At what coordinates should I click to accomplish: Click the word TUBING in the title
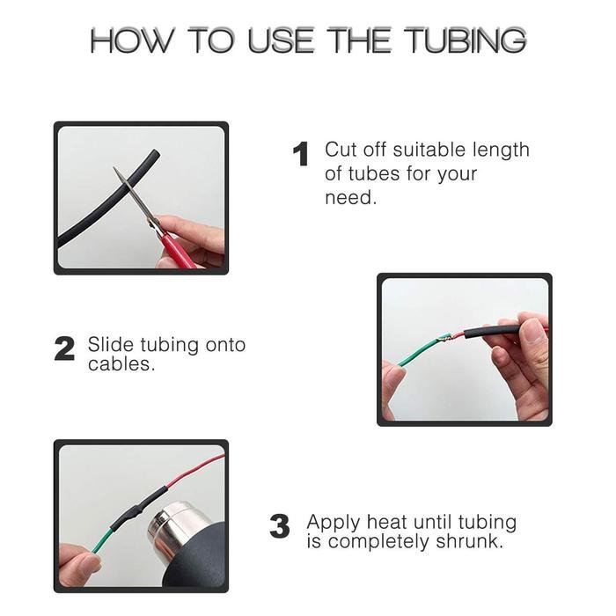pos(465,40)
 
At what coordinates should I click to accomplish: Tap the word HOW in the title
pos(131,40)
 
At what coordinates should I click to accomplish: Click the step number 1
pos(301,154)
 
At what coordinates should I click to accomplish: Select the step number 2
pos(64,348)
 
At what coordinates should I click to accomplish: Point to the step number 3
pos(279,526)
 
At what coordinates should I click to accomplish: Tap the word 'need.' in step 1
pos(350,198)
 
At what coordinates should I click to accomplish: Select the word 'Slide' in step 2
pos(110,345)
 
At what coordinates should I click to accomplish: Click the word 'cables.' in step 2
pos(121,363)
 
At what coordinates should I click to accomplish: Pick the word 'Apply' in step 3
pos(334,524)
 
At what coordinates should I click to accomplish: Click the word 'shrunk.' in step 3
pos(469,541)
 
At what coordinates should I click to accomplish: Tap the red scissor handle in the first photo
pos(179,248)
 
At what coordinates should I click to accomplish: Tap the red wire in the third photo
pos(195,471)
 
